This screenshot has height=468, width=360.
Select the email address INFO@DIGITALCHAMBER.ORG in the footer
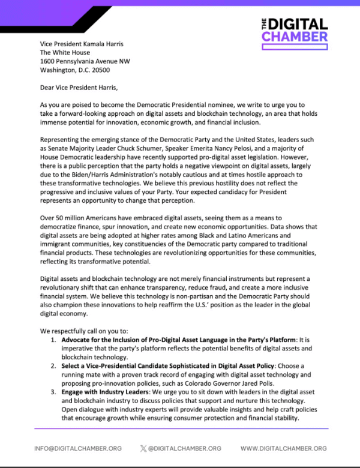[x=78, y=448]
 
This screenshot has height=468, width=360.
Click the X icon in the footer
[x=143, y=448]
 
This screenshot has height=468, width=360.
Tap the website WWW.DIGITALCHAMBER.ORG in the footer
[x=284, y=448]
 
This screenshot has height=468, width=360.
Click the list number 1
[x=54, y=340]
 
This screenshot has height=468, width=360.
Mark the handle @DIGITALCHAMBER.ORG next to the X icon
[x=185, y=448]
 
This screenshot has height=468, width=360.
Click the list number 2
[x=54, y=366]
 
